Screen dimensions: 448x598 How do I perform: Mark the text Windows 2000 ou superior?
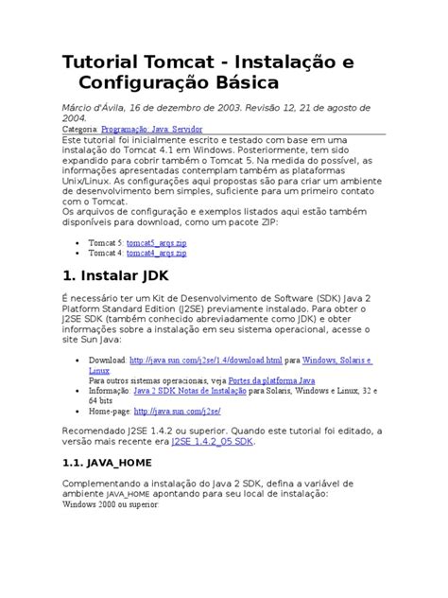pyautogui.click(x=112, y=504)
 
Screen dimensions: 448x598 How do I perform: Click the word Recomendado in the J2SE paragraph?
pyautogui.click(x=103, y=429)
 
